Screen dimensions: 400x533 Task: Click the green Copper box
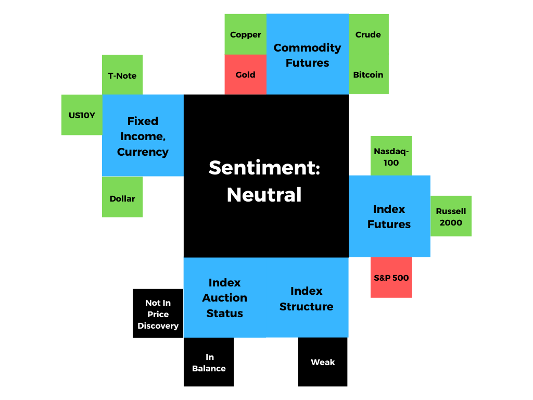245,34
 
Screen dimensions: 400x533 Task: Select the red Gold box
245,74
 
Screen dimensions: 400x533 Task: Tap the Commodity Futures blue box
307,55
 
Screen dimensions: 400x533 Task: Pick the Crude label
368,34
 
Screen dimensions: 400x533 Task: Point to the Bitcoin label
368,74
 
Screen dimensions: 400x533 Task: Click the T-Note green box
122,75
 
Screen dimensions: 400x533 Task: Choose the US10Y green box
82,115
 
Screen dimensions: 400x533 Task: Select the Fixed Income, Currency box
143,136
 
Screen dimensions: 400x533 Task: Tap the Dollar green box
122,198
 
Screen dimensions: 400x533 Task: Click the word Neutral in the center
264,195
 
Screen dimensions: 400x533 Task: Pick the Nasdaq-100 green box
391,156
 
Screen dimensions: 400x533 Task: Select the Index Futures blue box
389,216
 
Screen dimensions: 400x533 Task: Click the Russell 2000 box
451,216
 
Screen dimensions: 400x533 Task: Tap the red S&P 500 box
391,278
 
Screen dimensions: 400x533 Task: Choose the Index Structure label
306,298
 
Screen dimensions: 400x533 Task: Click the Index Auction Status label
224,297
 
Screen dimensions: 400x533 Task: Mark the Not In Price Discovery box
158,314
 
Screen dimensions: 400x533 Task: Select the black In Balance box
209,362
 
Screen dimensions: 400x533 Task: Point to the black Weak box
323,362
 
